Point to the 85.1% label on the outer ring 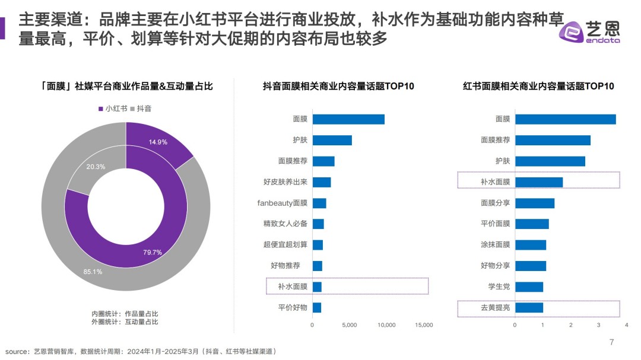coord(93,272)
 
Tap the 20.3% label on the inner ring coord(96,167)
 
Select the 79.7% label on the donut coord(153,252)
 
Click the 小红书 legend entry coord(112,109)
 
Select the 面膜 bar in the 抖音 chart coord(348,119)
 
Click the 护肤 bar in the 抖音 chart coord(332,141)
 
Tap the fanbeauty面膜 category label coord(282,203)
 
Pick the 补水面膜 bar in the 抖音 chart coord(317,286)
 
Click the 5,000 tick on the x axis coord(350,325)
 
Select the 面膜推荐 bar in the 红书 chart coord(553,141)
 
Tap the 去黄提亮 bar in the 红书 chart coord(529,308)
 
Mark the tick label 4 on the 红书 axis coord(626,325)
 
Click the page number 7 coord(612,342)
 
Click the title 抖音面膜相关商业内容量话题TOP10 coord(338,86)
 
